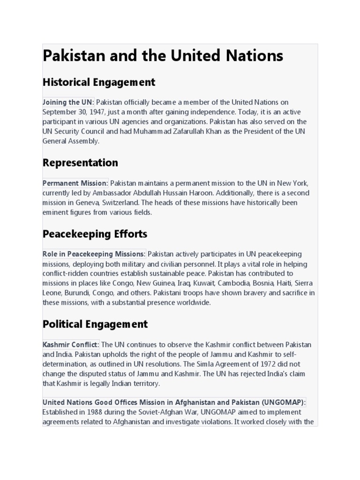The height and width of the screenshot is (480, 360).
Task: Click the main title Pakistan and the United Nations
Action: (163, 56)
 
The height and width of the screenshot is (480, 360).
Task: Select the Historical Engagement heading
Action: (98, 82)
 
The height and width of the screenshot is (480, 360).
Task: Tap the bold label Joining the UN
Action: (67, 102)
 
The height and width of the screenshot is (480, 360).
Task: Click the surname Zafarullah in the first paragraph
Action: (186, 131)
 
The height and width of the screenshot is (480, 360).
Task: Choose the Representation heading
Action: (80, 163)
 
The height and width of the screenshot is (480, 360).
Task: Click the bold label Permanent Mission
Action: (75, 183)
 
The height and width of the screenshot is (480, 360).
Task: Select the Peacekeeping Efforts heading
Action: (95, 233)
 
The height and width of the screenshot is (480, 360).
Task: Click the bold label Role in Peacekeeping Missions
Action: (94, 254)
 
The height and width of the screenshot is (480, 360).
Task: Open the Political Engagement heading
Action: (95, 324)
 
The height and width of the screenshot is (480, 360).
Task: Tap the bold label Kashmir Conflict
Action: (70, 345)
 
